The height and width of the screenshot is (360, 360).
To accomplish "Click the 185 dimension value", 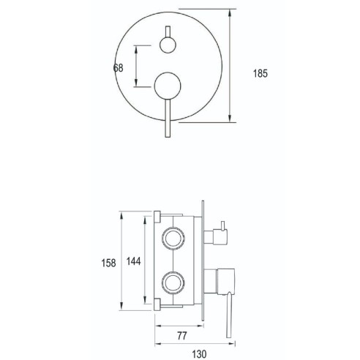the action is tap(260, 73).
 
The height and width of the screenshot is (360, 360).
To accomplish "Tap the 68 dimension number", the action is tap(119, 68).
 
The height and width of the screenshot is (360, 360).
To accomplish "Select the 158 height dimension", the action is tap(108, 263).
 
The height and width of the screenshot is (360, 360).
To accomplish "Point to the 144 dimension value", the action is tap(134, 261).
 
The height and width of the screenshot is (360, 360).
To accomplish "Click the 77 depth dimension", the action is tap(182, 336).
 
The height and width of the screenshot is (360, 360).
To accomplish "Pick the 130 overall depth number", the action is tap(199, 354).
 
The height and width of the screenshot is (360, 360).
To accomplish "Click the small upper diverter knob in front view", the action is tap(168, 45).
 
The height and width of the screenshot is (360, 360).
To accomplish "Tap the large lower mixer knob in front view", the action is tap(168, 86).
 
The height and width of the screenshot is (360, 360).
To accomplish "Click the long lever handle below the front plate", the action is tap(168, 119).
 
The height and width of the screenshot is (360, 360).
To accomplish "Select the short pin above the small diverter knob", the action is tap(168, 31).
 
